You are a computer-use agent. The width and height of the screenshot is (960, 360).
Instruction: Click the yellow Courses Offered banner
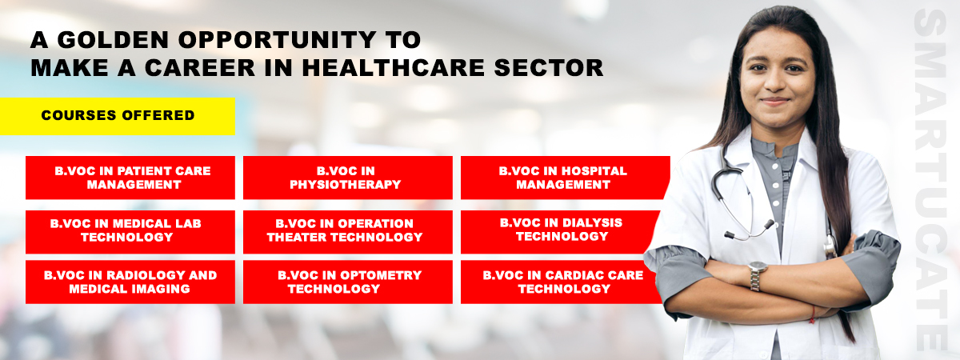pos(118,116)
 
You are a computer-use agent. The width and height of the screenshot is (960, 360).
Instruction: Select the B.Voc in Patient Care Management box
pos(130,178)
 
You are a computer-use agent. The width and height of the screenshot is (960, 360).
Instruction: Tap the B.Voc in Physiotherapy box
pos(347,178)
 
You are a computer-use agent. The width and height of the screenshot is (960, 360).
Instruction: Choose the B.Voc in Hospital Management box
pos(563,178)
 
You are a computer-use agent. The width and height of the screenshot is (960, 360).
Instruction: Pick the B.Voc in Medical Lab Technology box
pos(130,232)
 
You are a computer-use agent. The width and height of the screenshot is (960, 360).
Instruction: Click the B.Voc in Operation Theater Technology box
pos(347,232)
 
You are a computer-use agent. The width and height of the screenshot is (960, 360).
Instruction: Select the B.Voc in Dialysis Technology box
pos(559,232)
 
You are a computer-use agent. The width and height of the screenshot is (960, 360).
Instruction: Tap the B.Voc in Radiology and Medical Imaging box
pos(130,282)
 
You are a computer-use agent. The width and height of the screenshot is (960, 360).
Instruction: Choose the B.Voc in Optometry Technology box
pos(347,282)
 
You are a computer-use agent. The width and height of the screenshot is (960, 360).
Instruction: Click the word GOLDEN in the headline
pos(113,40)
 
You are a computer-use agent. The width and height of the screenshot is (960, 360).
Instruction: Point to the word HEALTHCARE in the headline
pos(393,68)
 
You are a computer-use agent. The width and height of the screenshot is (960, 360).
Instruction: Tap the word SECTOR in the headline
pos(549,68)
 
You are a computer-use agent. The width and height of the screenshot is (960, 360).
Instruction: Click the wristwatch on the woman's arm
pos(757,275)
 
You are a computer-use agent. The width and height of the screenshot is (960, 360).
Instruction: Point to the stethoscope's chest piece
pos(830,246)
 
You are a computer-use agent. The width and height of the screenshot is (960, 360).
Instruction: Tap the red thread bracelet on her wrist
pos(812,314)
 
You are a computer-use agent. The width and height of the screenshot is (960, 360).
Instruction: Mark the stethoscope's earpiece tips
pos(749,230)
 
